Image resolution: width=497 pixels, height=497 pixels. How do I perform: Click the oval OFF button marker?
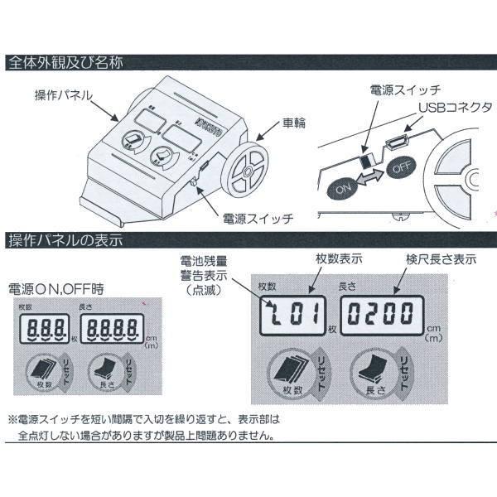point(401,165)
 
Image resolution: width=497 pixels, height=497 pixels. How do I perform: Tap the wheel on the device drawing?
point(244,172)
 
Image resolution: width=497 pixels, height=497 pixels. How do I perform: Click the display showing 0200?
point(381,314)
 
